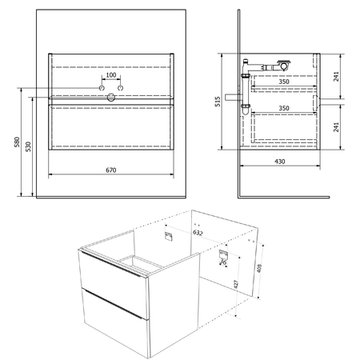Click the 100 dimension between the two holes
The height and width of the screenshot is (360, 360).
pyautogui.click(x=111, y=75)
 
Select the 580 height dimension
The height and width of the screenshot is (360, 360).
pyautogui.click(x=17, y=142)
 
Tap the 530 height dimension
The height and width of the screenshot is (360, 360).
pyautogui.click(x=28, y=146)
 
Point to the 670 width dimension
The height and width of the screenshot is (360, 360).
pyautogui.click(x=111, y=170)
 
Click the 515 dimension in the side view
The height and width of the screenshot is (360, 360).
pyautogui.click(x=218, y=102)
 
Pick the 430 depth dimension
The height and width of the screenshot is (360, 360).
pyautogui.click(x=280, y=162)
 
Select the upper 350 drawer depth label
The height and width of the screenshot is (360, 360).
pyautogui.click(x=284, y=82)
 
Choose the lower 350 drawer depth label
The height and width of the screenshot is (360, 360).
pyautogui.click(x=284, y=108)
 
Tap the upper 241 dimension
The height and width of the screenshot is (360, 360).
pyautogui.click(x=336, y=76)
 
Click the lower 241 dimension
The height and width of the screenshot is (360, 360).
pyautogui.click(x=336, y=127)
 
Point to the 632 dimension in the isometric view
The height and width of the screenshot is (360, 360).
pyautogui.click(x=198, y=233)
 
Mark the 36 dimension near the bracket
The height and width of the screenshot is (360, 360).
pyautogui.click(x=223, y=262)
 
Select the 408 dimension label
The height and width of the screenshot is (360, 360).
pyautogui.click(x=259, y=268)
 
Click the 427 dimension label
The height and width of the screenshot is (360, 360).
pyautogui.click(x=236, y=285)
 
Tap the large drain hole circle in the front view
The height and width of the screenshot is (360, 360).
pyautogui.click(x=111, y=98)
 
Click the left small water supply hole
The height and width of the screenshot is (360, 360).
pyautogui.click(x=102, y=88)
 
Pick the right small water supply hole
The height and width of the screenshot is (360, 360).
pyautogui.click(x=121, y=88)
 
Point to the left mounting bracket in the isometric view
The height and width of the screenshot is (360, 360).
pyautogui.click(x=169, y=236)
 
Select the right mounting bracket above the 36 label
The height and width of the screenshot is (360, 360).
pyautogui.click(x=223, y=254)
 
